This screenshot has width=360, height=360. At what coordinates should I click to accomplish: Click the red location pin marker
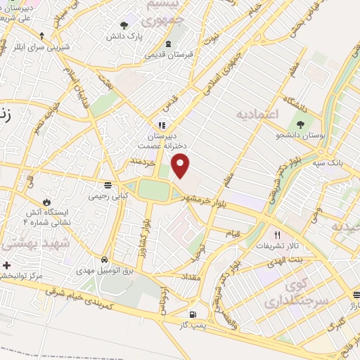(181, 166)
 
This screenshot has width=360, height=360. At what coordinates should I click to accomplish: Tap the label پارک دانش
(129, 34)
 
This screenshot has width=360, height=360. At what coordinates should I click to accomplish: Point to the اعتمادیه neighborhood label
(257, 113)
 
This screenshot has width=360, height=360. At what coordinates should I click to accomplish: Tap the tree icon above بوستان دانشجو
(300, 124)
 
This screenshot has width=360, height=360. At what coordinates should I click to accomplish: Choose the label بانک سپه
(328, 162)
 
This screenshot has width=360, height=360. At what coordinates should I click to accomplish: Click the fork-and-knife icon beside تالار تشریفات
(277, 235)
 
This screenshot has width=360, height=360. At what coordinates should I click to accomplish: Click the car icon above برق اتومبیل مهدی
(105, 259)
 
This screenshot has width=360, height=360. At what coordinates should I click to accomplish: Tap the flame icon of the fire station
(47, 201)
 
